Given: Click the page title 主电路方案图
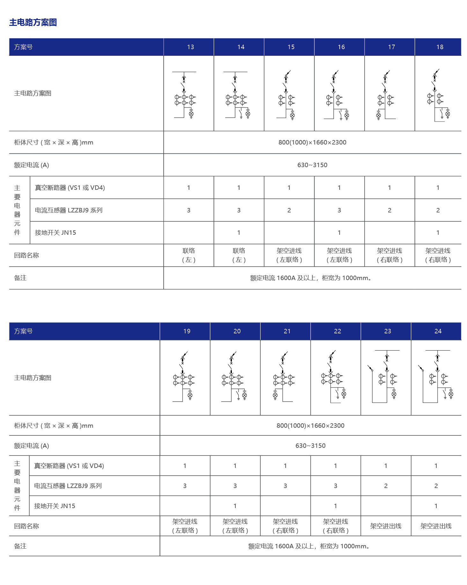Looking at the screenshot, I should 33,22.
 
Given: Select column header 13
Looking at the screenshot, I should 190,47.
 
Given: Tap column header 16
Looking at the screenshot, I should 341,47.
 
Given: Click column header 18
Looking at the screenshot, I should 440,47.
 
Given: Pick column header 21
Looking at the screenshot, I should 287,331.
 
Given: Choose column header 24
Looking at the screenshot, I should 438,331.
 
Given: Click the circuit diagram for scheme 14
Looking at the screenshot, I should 238,95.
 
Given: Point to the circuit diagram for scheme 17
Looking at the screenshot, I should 386,95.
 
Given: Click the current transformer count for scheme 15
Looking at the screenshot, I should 289,210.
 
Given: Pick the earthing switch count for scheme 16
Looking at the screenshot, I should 339,233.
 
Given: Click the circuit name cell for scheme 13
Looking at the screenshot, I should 189,255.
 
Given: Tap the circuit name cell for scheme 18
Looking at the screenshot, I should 438,255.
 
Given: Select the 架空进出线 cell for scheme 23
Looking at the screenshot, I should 386,526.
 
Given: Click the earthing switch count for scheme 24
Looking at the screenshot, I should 436,506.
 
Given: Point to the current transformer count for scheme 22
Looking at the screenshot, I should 335,486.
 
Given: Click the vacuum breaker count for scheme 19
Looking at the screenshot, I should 185,466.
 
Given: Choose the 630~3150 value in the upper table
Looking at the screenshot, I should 312,165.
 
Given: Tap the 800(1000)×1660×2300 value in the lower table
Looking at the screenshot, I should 310,426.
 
